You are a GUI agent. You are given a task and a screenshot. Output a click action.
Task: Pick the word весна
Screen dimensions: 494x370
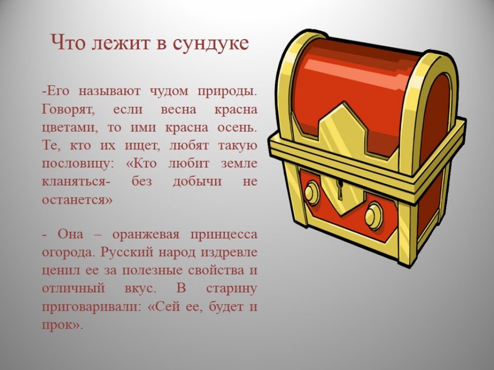point(178,110)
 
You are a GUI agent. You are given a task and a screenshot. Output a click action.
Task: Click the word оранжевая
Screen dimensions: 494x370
point(145,235)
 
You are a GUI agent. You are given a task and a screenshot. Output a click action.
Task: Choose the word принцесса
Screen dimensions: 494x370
point(224,235)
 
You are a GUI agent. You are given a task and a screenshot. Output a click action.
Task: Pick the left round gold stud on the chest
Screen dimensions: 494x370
point(312,193)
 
